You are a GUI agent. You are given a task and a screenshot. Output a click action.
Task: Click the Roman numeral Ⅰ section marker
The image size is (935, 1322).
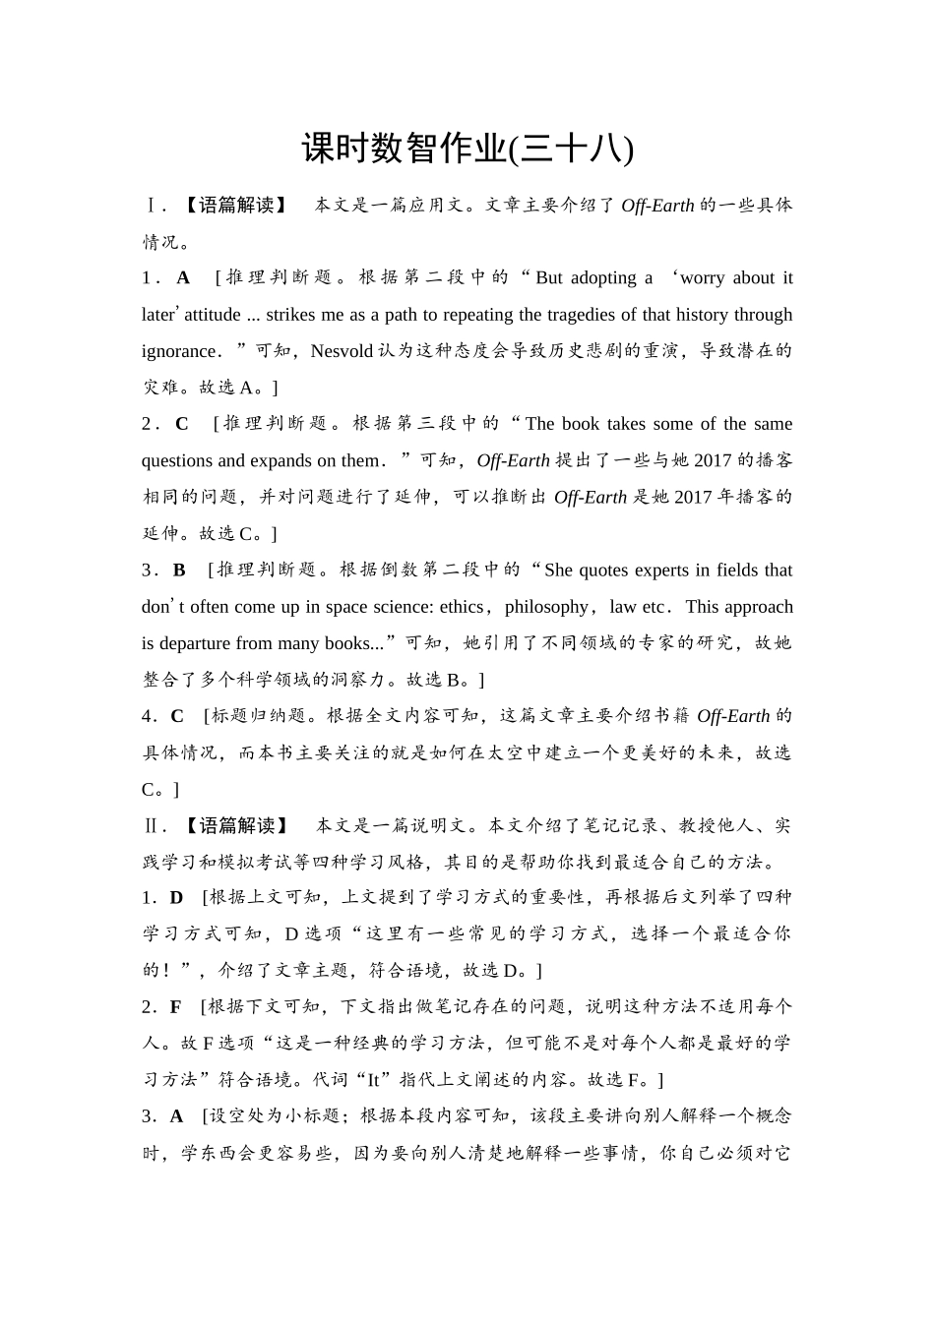[x=150, y=206]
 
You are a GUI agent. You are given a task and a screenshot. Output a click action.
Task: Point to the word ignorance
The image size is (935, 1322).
[x=178, y=351]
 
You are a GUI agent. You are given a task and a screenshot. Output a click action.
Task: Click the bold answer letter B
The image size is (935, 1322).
[x=179, y=571]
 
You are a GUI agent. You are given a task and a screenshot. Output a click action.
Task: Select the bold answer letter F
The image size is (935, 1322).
[x=176, y=1007]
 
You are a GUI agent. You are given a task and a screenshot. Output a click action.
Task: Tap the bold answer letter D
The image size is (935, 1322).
[x=176, y=898]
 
